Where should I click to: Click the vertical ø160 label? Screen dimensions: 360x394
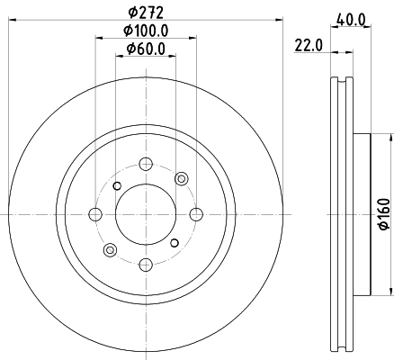[381, 215]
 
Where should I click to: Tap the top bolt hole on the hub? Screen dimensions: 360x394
[144, 165]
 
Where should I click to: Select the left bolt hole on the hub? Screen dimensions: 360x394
[94, 214]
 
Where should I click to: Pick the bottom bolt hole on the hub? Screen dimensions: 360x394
[144, 264]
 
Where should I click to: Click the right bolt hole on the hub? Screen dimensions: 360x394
[193, 214]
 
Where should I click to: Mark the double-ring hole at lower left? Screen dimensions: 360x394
[109, 249]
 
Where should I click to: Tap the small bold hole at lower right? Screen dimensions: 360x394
[173, 243]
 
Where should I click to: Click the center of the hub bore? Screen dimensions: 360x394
[144, 214]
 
